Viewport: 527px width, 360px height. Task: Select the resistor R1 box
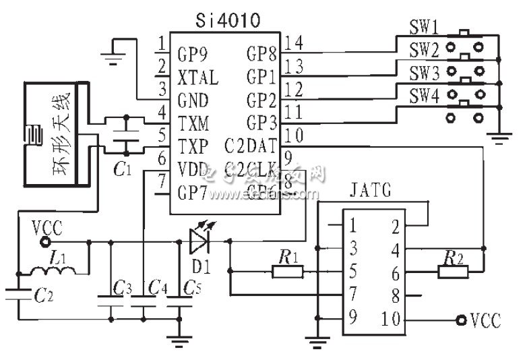pyautogui.click(x=288, y=272)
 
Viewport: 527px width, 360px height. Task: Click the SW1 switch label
pyautogui.click(x=425, y=30)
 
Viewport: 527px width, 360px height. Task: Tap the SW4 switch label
pyautogui.click(x=425, y=98)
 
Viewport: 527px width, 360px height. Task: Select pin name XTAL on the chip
pyautogui.click(x=198, y=79)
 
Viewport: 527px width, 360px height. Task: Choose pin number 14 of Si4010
pyautogui.click(x=294, y=44)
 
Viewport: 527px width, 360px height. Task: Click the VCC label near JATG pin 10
pyautogui.click(x=485, y=320)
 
